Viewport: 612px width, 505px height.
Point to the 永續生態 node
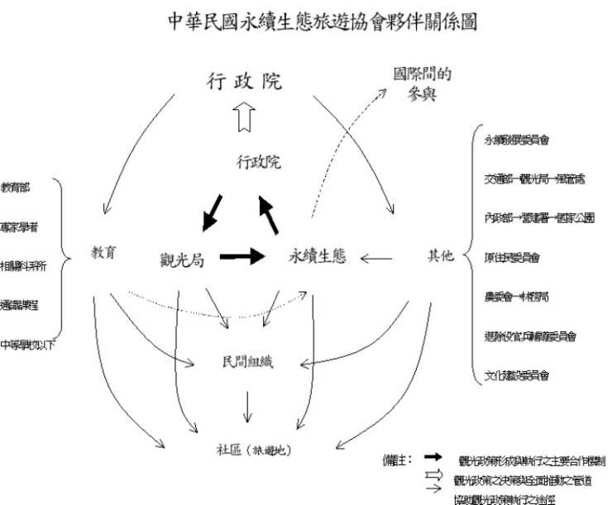317,257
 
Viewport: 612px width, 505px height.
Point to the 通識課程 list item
18,304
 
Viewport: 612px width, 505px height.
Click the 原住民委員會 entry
512,257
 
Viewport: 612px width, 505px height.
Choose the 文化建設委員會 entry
518,376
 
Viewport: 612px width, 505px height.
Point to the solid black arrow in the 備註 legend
432,457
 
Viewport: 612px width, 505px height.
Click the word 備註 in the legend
395,458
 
